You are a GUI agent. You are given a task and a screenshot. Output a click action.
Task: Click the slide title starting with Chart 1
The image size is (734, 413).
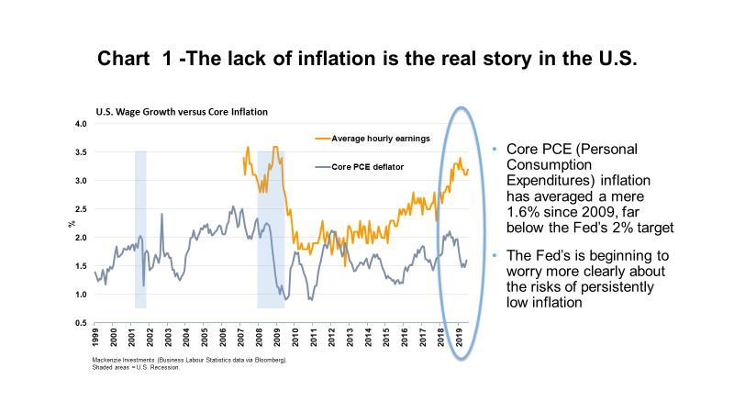pyautogui.click(x=367, y=59)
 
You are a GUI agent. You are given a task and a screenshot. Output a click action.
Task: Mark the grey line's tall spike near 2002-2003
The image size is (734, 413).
pyautogui.click(x=161, y=215)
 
